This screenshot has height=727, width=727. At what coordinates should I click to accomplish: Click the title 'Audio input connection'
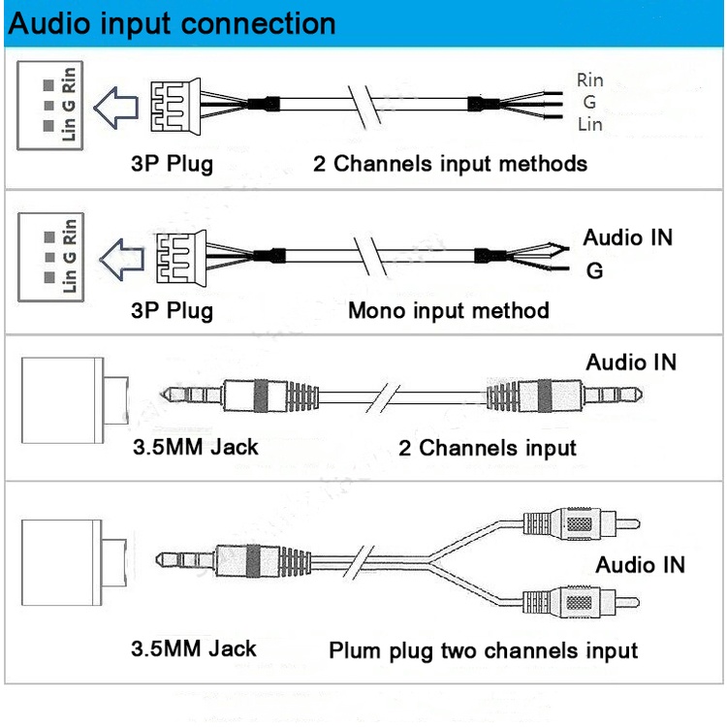pos(173,23)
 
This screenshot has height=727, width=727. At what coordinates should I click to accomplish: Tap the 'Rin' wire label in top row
pos(589,80)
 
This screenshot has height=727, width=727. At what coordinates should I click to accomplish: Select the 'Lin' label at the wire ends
pos(589,124)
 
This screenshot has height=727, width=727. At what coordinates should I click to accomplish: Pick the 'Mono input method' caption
pos(448,311)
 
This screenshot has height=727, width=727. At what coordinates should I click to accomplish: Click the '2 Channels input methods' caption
pos(450,163)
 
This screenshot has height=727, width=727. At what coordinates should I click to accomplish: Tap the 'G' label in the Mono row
pos(594,271)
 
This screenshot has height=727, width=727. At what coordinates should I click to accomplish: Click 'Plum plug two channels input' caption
pos(483,650)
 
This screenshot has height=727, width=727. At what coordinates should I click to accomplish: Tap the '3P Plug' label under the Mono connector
pos(172,311)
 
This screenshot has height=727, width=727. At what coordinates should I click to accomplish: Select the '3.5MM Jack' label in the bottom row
pos(194,648)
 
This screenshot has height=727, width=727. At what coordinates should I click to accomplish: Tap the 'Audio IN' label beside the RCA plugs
pos(640,564)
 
